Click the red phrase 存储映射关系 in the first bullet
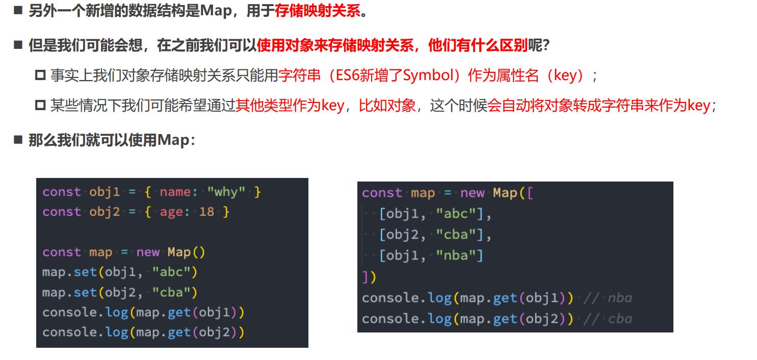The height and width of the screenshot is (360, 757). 317,11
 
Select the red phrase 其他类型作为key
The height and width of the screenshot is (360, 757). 290,106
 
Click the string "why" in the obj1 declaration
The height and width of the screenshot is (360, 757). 226,192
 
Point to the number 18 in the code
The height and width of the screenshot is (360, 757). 206,212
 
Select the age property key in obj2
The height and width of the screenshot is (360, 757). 172,212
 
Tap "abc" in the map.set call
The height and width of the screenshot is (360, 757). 171,272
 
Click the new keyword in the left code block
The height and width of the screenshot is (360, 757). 148,252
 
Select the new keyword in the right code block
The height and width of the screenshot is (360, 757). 473,193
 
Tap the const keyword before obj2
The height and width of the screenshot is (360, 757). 62,212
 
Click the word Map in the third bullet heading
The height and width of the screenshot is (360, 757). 173,140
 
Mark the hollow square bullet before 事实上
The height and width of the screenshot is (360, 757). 40,76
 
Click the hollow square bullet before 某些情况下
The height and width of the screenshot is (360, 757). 40,106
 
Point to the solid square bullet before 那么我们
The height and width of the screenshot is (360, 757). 18,140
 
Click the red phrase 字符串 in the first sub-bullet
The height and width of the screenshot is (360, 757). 300,76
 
